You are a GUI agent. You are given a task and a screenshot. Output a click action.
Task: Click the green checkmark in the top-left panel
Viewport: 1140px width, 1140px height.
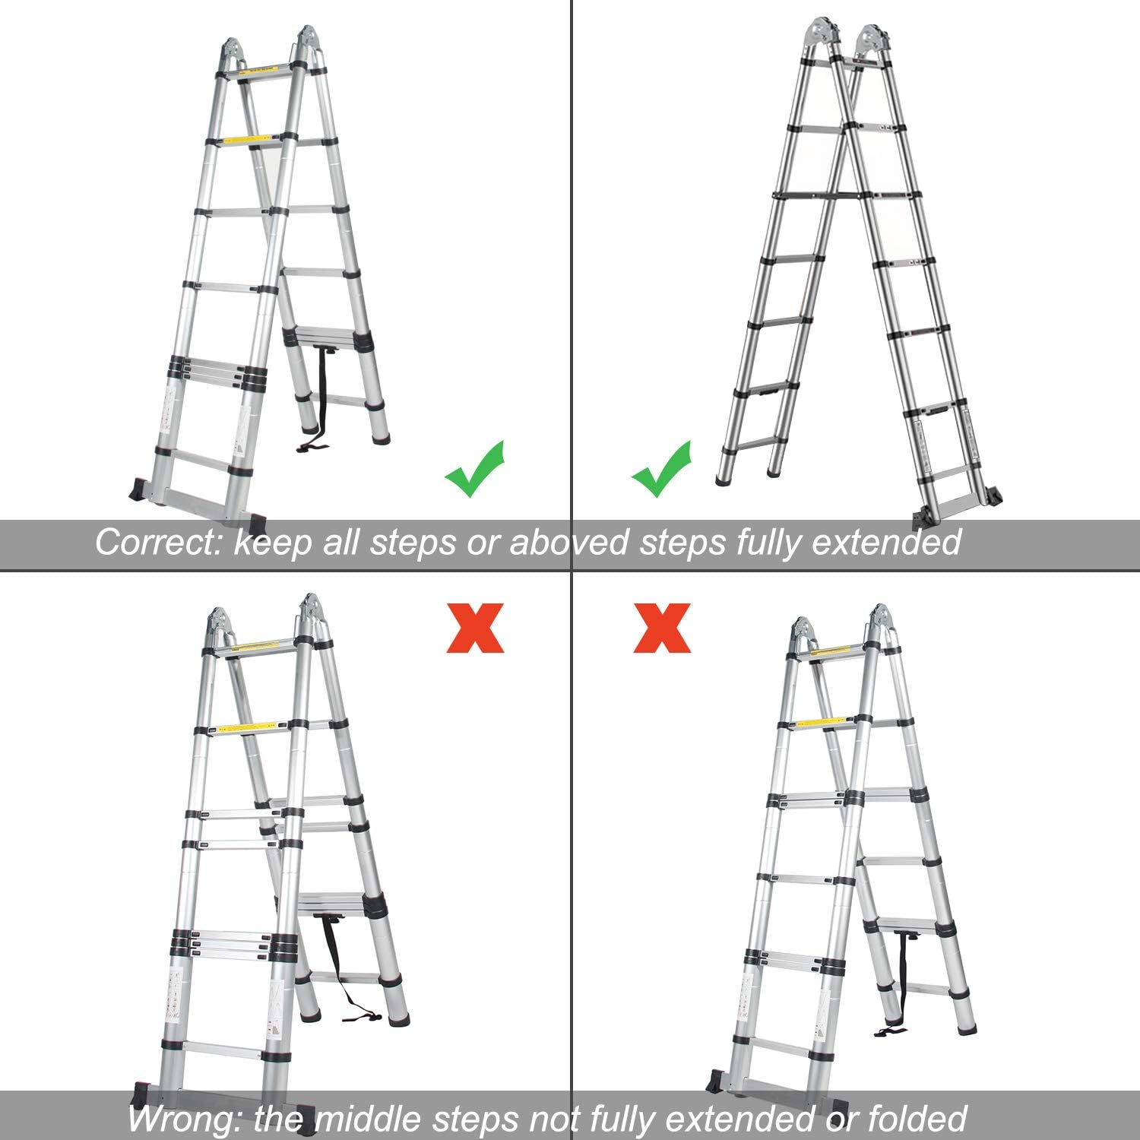coord(474,469)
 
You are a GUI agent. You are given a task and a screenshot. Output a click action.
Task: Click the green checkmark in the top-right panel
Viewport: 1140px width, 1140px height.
coord(661,469)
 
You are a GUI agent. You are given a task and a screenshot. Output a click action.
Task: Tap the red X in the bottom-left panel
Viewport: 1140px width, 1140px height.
coord(475,628)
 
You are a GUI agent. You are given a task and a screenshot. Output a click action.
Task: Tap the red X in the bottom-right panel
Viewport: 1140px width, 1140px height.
coord(662,628)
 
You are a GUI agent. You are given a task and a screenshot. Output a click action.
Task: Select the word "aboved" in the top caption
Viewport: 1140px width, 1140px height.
coord(568,543)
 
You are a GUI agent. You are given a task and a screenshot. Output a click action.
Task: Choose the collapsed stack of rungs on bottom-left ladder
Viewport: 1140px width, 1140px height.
coord(225,944)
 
